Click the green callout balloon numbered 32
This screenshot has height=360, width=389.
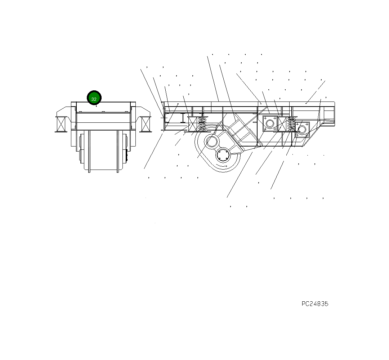click(94, 98)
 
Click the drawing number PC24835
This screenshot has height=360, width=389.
click(315, 304)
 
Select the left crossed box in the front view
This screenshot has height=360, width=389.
click(61, 124)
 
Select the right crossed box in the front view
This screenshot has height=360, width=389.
click(146, 124)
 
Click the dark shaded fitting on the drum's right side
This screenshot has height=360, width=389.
click(127, 155)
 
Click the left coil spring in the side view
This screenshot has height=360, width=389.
click(202, 124)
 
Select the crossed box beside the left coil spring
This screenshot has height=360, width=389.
click(193, 124)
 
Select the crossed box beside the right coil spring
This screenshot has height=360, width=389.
click(282, 124)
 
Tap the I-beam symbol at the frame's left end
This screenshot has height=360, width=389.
click(183, 118)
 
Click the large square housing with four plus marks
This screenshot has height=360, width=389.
click(270, 123)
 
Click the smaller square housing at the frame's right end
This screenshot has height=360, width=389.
click(302, 130)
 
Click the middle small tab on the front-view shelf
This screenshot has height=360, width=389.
click(103, 112)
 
